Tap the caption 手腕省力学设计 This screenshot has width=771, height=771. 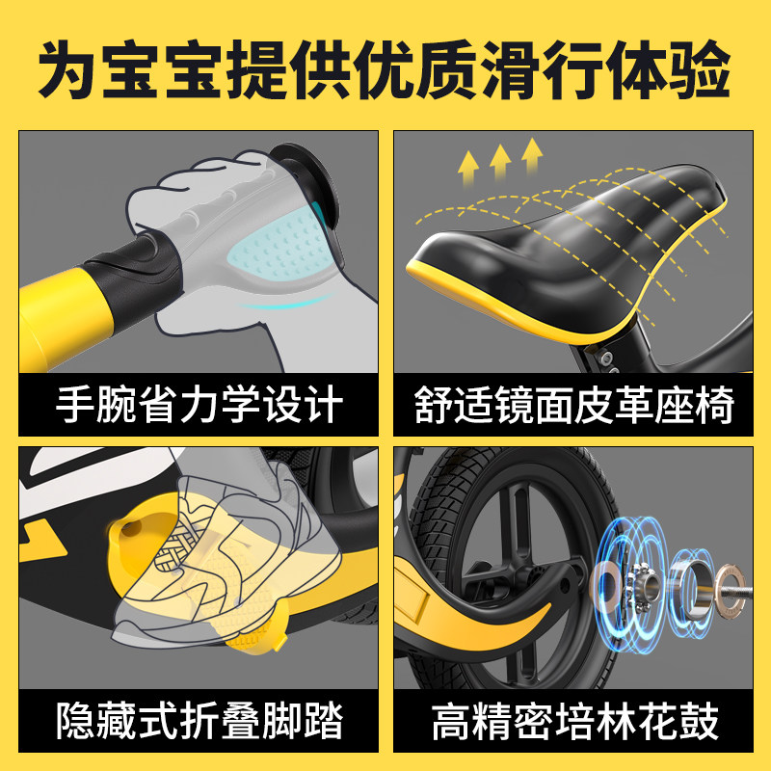coord(199,406)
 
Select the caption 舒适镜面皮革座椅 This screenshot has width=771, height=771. coord(574,406)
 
